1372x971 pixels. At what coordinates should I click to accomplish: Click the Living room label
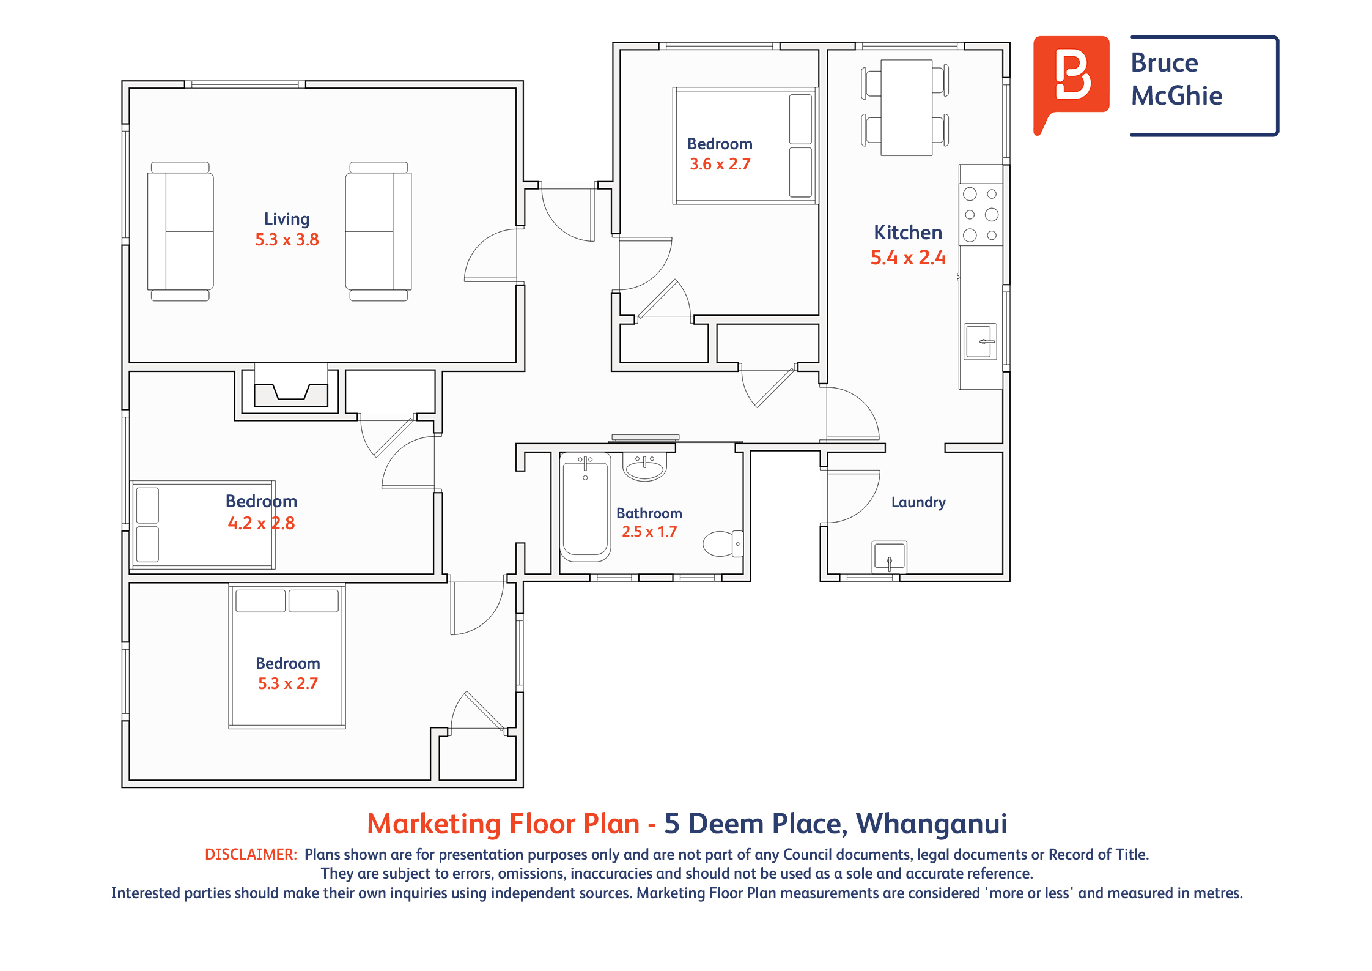coord(287,219)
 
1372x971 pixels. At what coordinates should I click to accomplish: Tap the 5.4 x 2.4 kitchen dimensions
coord(908,258)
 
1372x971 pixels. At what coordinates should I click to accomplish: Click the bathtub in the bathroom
coord(585,507)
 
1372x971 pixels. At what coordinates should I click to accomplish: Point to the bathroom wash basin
coord(644,467)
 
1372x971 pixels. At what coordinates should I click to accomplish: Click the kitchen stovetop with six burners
coord(981,214)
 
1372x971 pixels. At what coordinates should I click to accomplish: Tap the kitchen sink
coord(981,341)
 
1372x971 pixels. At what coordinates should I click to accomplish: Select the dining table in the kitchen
coord(906,108)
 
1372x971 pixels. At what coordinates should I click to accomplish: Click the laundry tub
coord(889,557)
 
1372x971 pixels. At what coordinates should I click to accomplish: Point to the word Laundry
coord(918,502)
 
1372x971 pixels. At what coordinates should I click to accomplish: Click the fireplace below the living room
coord(291,389)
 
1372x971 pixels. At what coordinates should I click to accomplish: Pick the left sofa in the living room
coord(180,231)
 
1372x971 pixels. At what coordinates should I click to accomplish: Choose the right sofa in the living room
coord(378,231)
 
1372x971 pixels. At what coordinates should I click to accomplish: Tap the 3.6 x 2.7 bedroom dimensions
coord(720,164)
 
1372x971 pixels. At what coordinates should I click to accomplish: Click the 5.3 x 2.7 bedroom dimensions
coord(287,683)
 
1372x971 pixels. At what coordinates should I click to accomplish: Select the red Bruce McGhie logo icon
coord(1071,80)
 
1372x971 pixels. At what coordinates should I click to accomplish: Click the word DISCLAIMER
coord(251,854)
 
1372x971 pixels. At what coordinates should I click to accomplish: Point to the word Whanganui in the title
coord(931,824)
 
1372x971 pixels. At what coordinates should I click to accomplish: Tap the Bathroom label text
coord(649,513)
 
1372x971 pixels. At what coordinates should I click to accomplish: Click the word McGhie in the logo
coord(1176,96)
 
